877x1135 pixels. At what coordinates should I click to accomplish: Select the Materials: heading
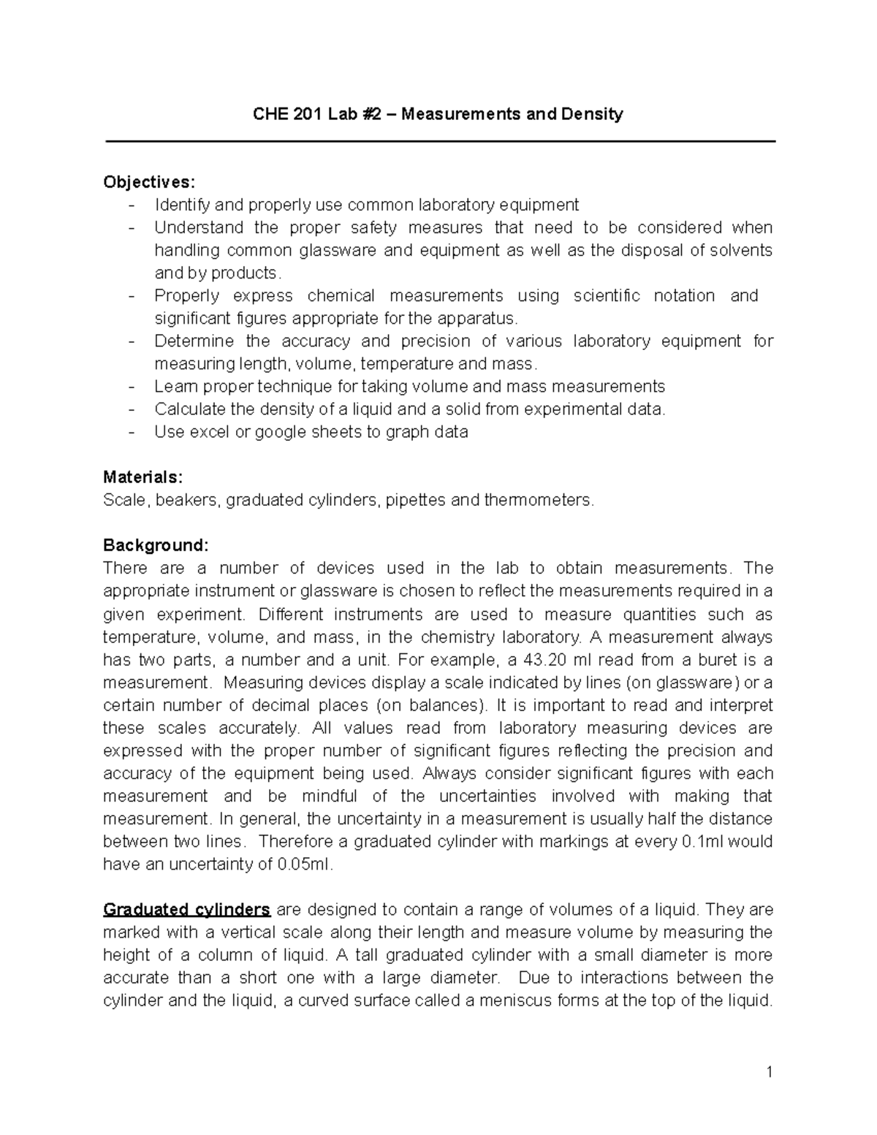(x=143, y=477)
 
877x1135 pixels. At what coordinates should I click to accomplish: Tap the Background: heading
(x=156, y=545)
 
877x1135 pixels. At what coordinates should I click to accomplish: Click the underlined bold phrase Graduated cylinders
(x=187, y=910)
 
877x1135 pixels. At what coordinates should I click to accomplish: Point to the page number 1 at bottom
(x=769, y=1072)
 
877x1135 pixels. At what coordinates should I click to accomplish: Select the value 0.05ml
(x=305, y=865)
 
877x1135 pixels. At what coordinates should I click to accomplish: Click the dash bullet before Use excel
(x=132, y=432)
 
